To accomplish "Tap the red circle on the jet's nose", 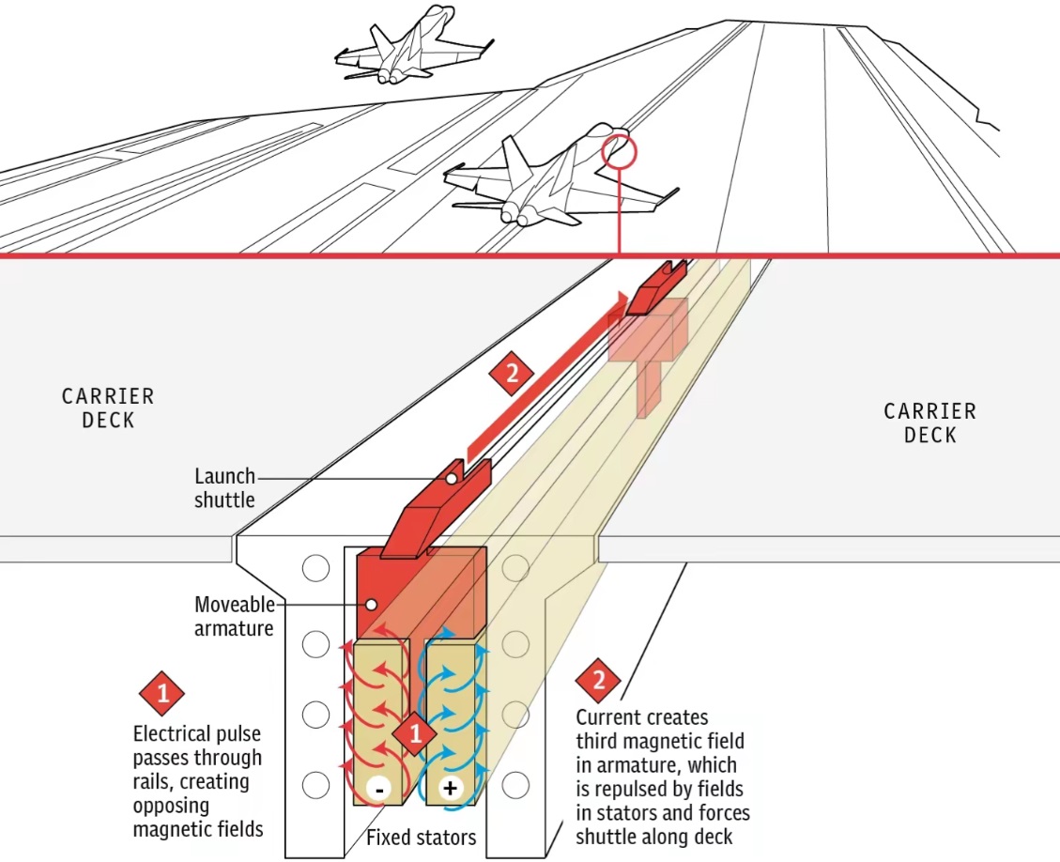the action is point(620,152).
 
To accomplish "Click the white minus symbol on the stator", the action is point(379,789).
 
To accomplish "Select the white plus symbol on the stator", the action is point(450,788).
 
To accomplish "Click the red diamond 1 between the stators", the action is point(415,733).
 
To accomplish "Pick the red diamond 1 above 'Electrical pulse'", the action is point(162,694).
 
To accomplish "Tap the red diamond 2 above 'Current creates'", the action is point(598,680).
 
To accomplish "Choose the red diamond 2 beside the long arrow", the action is point(512,373).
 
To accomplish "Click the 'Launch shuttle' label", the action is point(225,488).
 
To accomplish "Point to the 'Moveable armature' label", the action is point(234,616).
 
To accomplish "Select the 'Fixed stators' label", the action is point(422,839).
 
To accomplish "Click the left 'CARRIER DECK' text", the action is point(108,408).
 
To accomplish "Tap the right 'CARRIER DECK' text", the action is point(930,423).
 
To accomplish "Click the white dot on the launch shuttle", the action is point(451,479).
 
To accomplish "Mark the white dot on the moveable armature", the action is point(371,605).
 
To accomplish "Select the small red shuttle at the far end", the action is point(657,287).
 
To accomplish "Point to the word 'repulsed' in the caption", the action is point(683,789).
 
